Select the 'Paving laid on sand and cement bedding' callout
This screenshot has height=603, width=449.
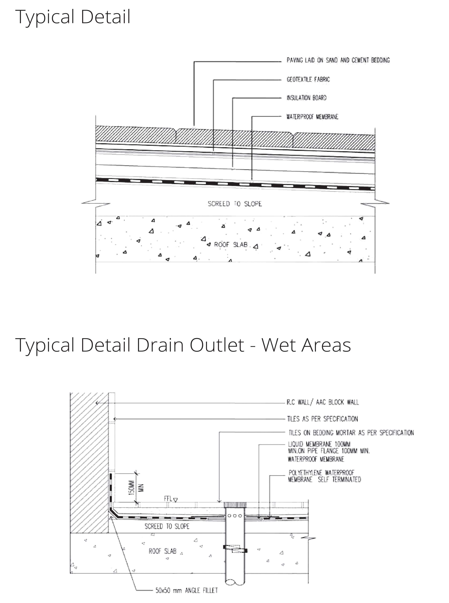coord(338,60)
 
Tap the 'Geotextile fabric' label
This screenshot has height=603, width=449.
coord(308,79)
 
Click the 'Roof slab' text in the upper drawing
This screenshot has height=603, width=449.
coord(231,245)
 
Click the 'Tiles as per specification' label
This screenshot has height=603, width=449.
coord(323,419)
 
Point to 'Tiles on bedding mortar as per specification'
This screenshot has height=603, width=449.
coord(351,433)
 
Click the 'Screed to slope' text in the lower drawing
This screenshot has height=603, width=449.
coord(167,526)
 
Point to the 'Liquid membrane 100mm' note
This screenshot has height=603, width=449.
coord(319,444)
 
